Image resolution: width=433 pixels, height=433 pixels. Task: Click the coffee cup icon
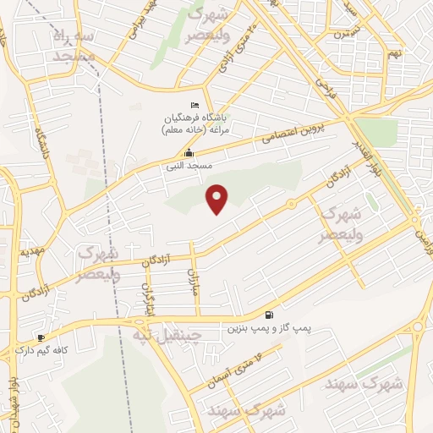(41, 337)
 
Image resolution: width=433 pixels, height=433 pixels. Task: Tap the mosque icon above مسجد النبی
(188, 153)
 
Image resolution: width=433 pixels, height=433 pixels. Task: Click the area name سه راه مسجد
(74, 46)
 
